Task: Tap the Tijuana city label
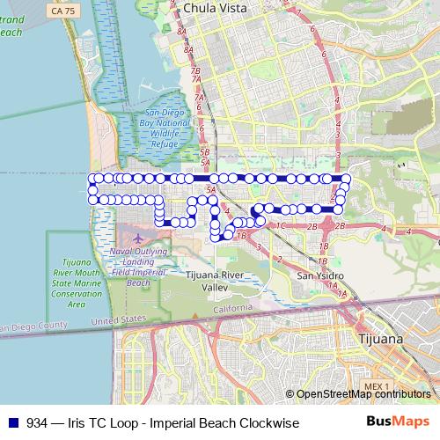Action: (x=381, y=337)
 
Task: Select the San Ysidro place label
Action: (x=317, y=275)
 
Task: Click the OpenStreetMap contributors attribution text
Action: (x=363, y=394)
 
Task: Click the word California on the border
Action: (x=232, y=308)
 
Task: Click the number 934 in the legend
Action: (x=38, y=423)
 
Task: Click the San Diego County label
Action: (x=35, y=328)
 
